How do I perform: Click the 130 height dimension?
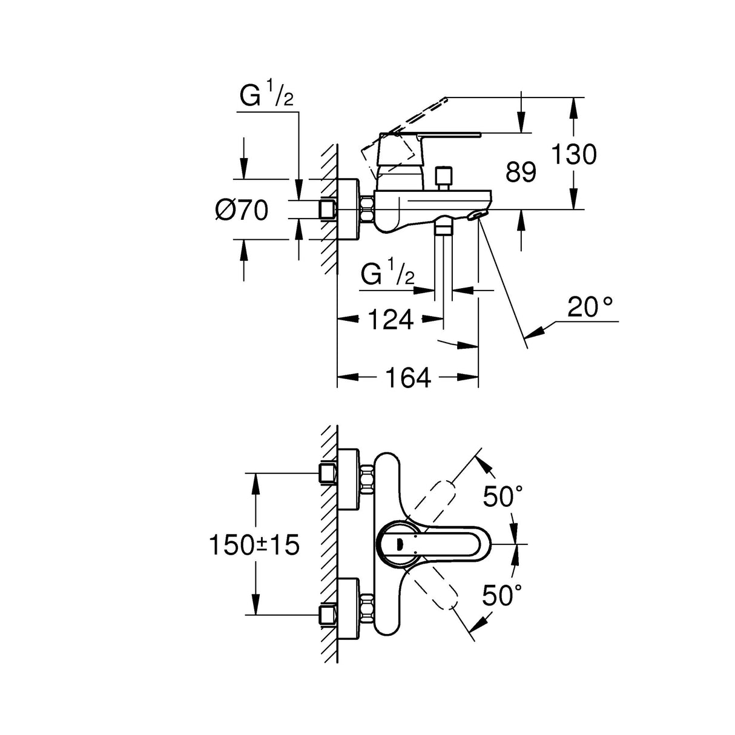(x=573, y=154)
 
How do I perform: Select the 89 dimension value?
(x=521, y=173)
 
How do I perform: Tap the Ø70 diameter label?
(x=242, y=211)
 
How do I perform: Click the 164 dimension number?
(x=408, y=378)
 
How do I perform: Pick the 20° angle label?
(x=590, y=308)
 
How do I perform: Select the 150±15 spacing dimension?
(x=254, y=545)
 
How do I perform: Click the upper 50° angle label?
(x=503, y=496)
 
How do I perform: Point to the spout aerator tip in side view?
(x=478, y=216)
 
